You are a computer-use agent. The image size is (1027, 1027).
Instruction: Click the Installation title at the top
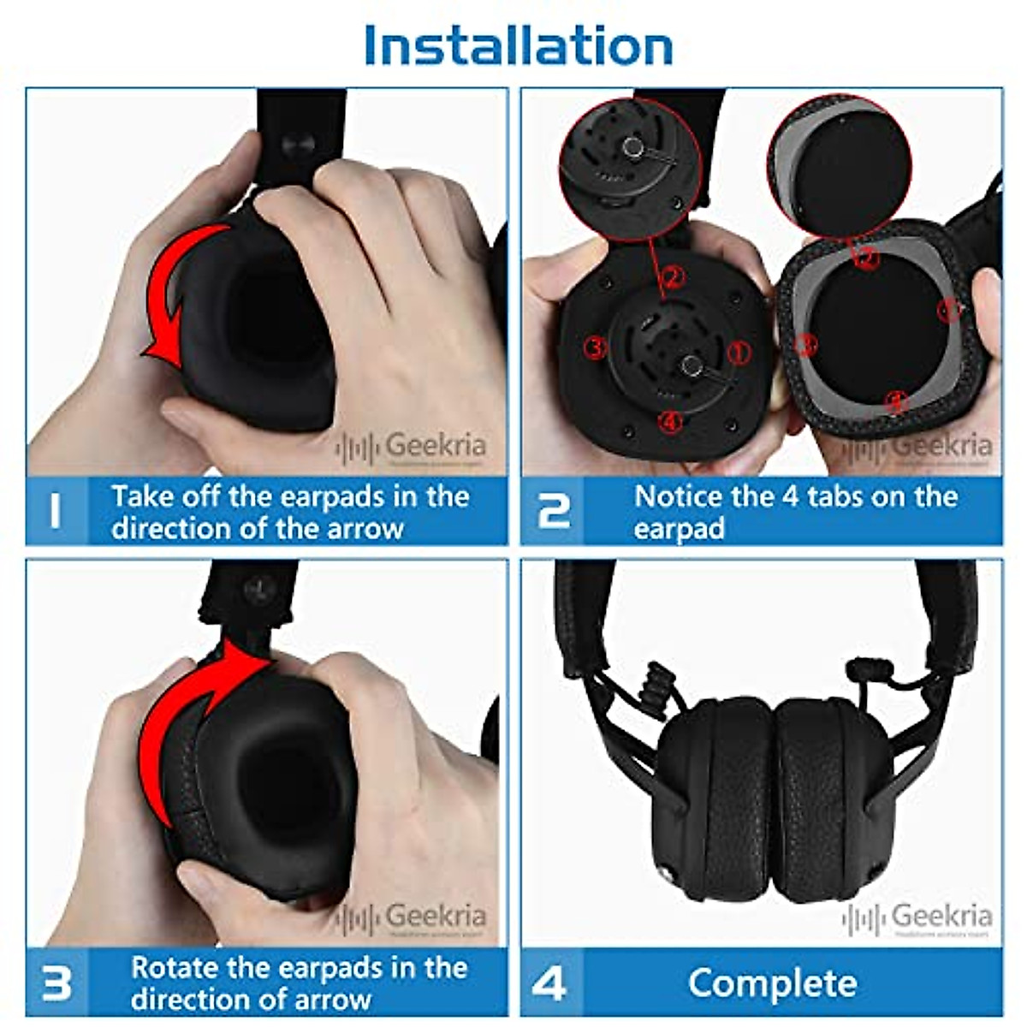coord(518,46)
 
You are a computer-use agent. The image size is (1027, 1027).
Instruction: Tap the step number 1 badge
coord(56,511)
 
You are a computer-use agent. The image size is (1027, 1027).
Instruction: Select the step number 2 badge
coord(553,511)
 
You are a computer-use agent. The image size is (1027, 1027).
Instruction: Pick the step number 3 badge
coord(56,983)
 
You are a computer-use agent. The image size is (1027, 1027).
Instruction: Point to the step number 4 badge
coord(549,983)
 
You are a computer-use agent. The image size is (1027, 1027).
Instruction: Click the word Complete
coord(772,983)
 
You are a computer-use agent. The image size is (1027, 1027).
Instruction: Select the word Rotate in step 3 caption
coord(175,968)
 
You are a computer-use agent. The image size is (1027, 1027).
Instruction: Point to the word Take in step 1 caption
coord(142,496)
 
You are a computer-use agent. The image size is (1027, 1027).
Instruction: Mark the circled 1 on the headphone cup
coord(738,352)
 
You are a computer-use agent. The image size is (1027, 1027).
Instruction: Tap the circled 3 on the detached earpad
coord(804,345)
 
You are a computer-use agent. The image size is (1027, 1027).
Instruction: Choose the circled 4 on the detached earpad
coord(895,400)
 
